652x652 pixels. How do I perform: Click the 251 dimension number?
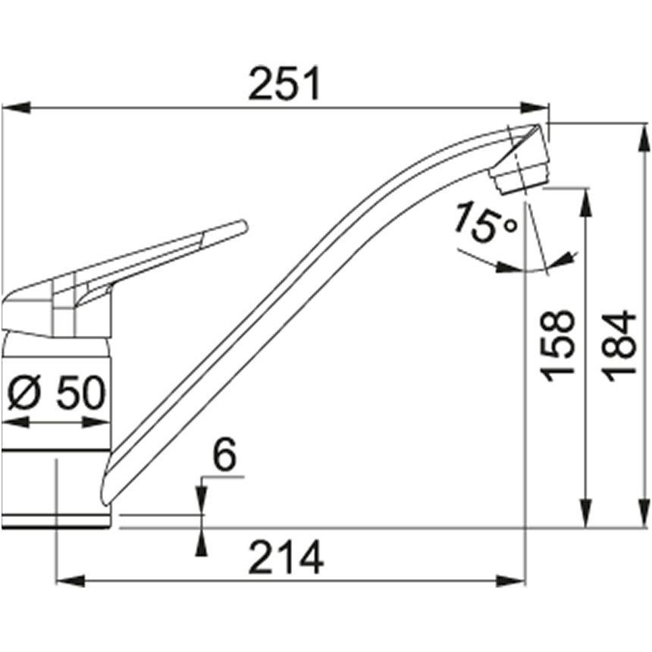(284, 83)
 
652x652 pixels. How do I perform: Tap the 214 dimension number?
(286, 557)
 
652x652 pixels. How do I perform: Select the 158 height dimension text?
(557, 346)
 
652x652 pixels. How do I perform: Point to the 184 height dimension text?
(619, 346)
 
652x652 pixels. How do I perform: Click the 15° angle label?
(485, 222)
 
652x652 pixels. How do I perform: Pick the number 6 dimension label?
(224, 455)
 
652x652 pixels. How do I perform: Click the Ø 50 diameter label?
(57, 392)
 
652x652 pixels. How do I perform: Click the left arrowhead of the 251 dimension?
(16, 108)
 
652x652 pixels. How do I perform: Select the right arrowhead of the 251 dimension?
(535, 108)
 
